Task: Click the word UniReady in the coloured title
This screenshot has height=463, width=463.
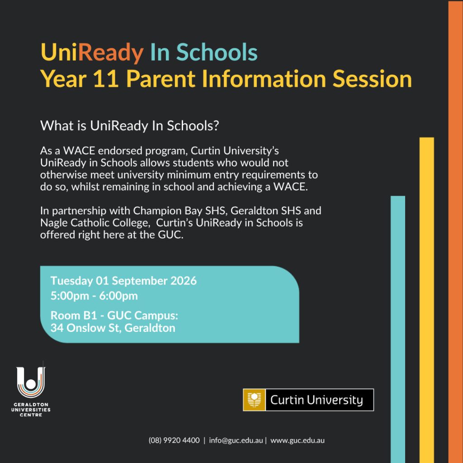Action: tap(92, 52)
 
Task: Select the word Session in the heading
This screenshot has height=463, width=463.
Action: tap(372, 79)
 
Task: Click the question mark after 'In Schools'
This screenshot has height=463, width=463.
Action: tap(216, 126)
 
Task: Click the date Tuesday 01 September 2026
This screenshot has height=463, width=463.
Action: tap(123, 280)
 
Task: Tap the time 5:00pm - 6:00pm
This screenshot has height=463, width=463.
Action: tap(94, 296)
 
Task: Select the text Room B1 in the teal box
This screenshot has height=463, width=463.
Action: tap(74, 315)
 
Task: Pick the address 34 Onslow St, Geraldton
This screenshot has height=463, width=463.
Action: tap(113, 328)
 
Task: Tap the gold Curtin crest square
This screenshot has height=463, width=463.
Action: tap(254, 400)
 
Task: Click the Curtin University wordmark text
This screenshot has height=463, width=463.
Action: tap(317, 400)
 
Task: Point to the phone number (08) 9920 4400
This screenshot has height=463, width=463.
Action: tap(174, 440)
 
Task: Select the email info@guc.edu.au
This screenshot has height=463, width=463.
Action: tap(236, 440)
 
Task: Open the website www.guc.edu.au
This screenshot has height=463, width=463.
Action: tap(298, 440)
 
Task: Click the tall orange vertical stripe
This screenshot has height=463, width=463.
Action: tap(455, 232)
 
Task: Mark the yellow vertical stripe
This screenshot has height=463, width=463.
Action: tap(427, 300)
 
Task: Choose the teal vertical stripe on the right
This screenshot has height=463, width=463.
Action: tap(398, 329)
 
